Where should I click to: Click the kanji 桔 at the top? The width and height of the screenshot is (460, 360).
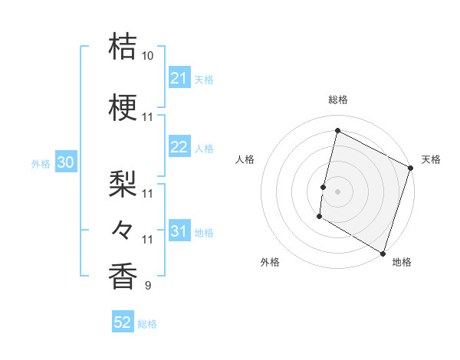tap(123, 47)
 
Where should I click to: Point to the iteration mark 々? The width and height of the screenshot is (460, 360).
tap(123, 229)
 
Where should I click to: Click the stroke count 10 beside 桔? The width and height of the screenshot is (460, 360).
tap(148, 56)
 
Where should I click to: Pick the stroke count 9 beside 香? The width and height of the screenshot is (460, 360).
tap(148, 286)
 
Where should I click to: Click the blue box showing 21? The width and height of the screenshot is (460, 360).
tap(179, 78)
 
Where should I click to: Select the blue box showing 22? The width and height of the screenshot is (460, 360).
tap(179, 148)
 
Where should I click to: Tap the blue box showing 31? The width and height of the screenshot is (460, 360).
tap(179, 231)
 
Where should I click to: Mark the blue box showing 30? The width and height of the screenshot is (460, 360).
tap(65, 163)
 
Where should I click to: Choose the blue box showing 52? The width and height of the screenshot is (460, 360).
tap(123, 322)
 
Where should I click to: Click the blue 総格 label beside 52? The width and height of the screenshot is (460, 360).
tap(147, 324)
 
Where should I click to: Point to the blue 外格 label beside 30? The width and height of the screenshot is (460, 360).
tap(41, 164)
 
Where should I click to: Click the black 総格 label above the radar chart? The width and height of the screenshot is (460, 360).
tap(338, 100)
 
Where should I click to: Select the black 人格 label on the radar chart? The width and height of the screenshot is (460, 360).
tap(245, 159)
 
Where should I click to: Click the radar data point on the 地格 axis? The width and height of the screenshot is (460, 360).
tap(383, 253)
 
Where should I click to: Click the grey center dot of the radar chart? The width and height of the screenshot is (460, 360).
tap(337, 191)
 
